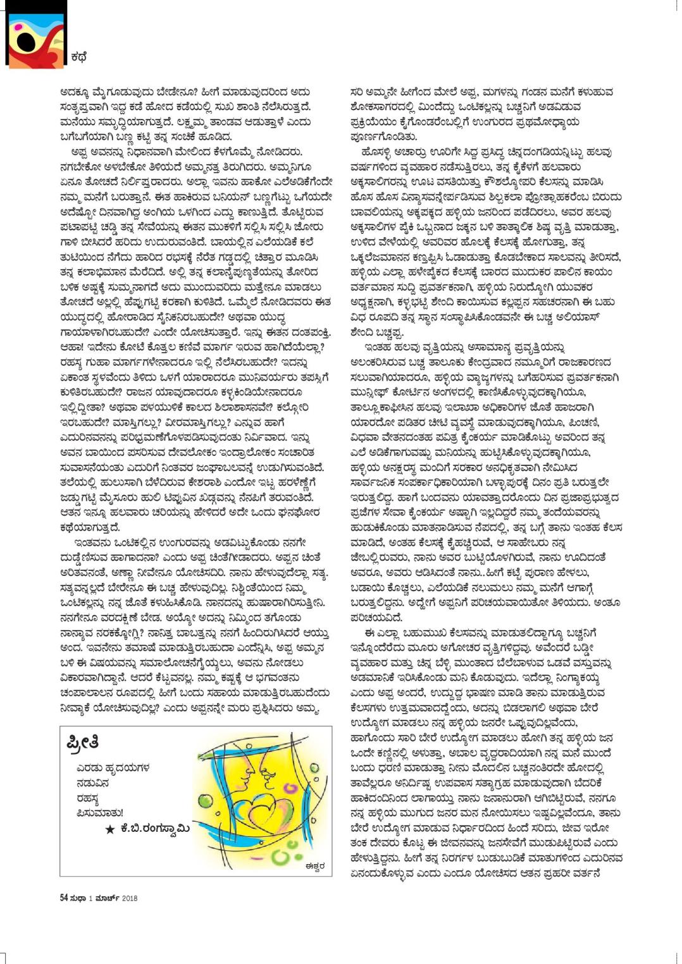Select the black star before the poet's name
(x=110, y=829)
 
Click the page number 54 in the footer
(x=64, y=898)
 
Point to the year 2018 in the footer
(x=129, y=898)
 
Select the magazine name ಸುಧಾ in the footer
(x=78, y=898)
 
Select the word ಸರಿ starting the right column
(x=359, y=92)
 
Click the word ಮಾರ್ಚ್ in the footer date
(x=108, y=898)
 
